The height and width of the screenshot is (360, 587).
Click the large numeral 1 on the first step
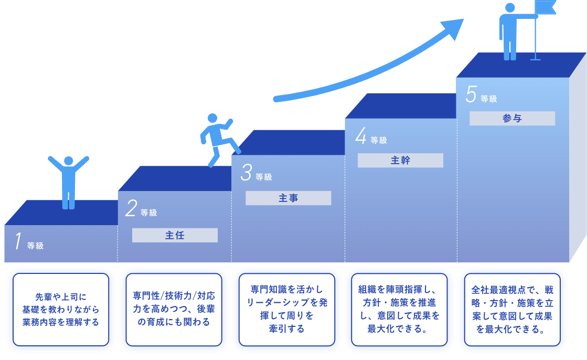(x=18, y=242)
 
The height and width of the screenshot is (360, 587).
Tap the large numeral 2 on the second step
(x=131, y=208)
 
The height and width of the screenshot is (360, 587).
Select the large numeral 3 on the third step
(x=246, y=173)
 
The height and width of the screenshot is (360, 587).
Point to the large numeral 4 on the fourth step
(x=360, y=136)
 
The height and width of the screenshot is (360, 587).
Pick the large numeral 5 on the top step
(x=471, y=94)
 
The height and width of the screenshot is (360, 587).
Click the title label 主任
(x=175, y=235)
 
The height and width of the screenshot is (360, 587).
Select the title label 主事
(x=288, y=198)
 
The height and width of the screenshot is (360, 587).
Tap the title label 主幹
(x=400, y=161)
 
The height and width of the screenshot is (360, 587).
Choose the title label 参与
(x=512, y=119)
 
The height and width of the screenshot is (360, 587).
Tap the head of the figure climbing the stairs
(x=212, y=118)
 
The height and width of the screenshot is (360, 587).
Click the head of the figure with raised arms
(x=69, y=161)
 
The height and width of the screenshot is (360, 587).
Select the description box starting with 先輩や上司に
(x=60, y=309)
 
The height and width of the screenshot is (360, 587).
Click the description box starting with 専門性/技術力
(x=174, y=309)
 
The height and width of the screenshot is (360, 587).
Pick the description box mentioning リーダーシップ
(x=287, y=309)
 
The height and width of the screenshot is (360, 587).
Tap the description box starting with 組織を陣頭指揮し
(x=400, y=309)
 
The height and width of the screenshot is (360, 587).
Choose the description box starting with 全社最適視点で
(x=513, y=309)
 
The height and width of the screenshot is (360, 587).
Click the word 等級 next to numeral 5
(x=488, y=99)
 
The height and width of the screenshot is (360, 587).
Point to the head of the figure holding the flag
(x=509, y=8)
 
